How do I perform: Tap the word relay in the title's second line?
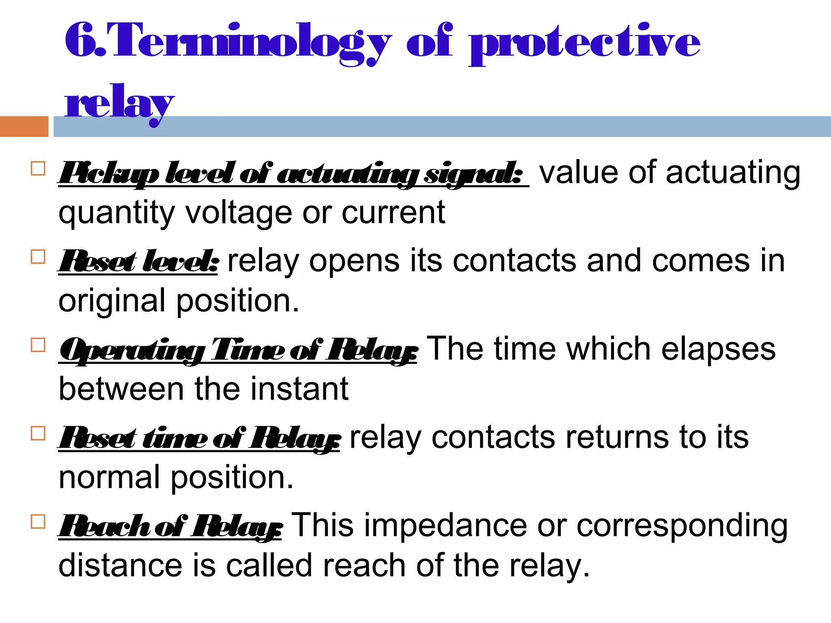coord(119,103)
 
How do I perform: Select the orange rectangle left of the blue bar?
coord(24,127)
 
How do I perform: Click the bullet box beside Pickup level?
coord(38,169)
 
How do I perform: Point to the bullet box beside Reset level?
coord(38,257)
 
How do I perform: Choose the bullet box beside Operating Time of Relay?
coord(38,345)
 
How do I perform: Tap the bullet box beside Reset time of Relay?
coord(38,434)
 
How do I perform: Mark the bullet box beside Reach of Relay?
coord(38,522)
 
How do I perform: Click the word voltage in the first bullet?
coord(239,213)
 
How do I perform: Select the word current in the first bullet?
coord(393,213)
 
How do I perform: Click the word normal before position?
coord(109,477)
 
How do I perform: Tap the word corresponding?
coord(682,526)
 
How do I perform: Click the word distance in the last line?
coord(120,565)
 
